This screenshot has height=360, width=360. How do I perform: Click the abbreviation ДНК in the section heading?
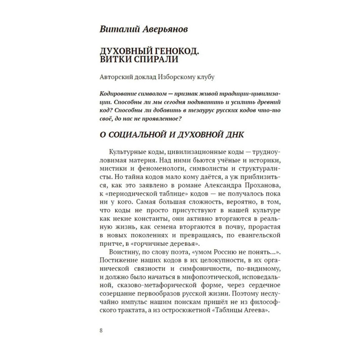pyautogui.click(x=232, y=135)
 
